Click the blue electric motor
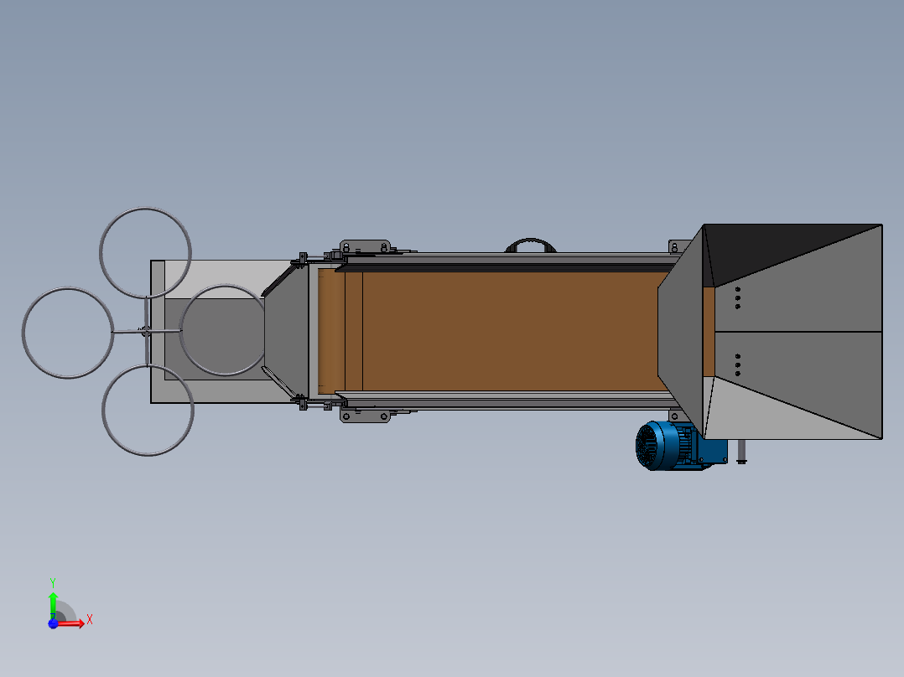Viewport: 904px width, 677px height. tap(669, 446)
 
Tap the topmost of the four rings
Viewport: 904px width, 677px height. tap(145, 209)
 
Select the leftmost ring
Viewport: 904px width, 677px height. tap(23, 333)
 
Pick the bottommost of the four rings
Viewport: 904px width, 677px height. tap(148, 455)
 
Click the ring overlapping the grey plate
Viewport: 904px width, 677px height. tap(180, 329)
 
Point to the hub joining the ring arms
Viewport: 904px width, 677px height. tap(147, 331)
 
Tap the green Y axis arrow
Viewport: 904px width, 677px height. tap(53, 605)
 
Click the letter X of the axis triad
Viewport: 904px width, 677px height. tap(90, 620)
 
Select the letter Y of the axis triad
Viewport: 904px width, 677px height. tap(53, 582)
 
